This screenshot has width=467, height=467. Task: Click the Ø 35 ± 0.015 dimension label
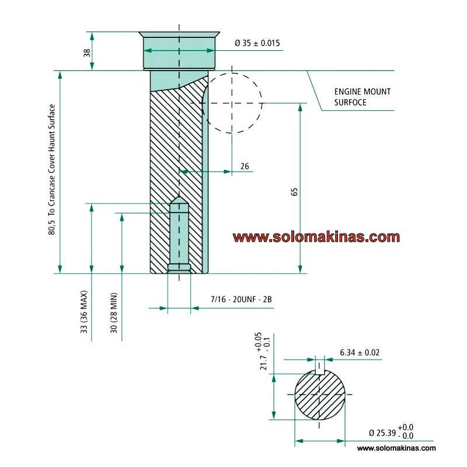[x=257, y=43]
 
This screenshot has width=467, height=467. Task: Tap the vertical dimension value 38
[x=87, y=53]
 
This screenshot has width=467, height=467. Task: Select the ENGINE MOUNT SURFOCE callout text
[x=362, y=97]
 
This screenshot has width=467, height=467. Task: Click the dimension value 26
[x=245, y=166]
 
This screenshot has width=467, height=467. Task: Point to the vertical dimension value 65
[x=294, y=192]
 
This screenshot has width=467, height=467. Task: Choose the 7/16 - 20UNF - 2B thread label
[x=241, y=299]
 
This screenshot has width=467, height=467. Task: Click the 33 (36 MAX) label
[x=84, y=312]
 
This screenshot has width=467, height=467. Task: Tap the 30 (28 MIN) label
[x=114, y=313]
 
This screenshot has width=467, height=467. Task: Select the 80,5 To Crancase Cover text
[x=51, y=170]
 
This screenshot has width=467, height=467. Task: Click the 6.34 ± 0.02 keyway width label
[x=360, y=353]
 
